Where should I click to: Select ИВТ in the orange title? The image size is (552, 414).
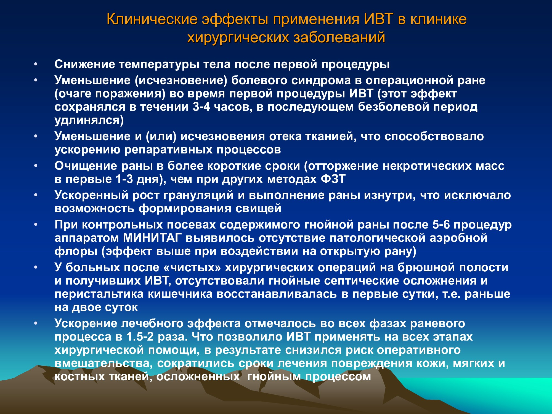(x=379, y=19)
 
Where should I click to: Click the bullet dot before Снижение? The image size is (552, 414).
(x=36, y=64)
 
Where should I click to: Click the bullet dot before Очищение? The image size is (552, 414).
(x=36, y=166)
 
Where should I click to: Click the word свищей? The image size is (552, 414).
(x=258, y=209)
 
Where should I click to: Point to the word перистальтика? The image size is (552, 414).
(x=99, y=294)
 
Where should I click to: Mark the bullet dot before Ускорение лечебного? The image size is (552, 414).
(x=36, y=323)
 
